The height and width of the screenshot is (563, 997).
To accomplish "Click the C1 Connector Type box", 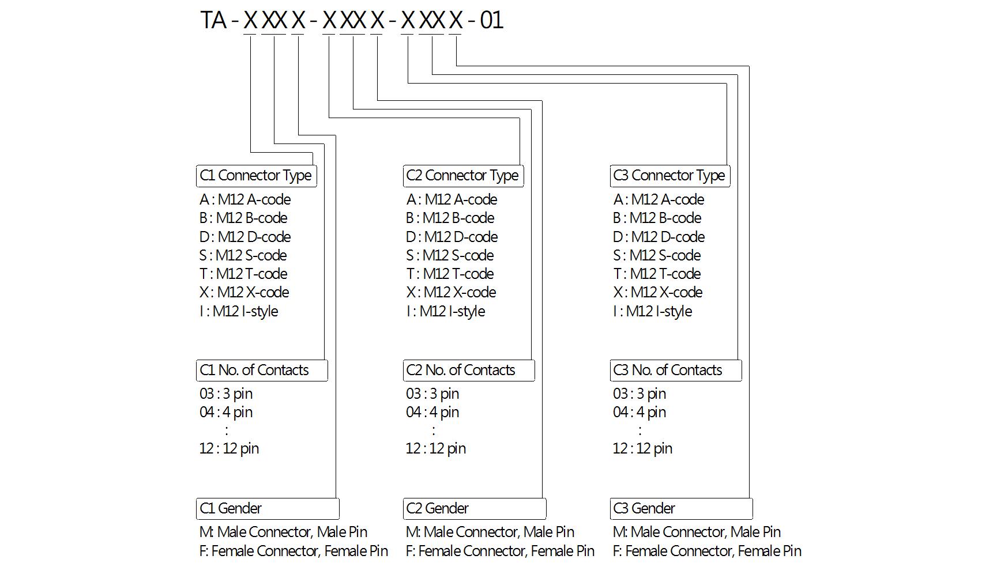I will pyautogui.click(x=256, y=176).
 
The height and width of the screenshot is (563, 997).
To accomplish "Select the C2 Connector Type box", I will pyautogui.click(x=463, y=176).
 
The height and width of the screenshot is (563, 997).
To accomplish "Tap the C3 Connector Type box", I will pyautogui.click(x=670, y=176).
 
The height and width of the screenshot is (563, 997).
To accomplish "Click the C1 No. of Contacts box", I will pyautogui.click(x=262, y=371).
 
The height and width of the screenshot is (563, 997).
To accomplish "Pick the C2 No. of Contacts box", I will pyautogui.click(x=469, y=371).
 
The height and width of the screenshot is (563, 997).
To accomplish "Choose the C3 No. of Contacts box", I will pyautogui.click(x=676, y=371).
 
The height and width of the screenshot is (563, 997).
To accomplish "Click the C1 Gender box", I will pyautogui.click(x=268, y=509).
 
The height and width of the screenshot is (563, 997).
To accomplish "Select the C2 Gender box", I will pyautogui.click(x=475, y=509).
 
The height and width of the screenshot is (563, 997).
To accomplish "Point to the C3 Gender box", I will pyautogui.click(x=682, y=509).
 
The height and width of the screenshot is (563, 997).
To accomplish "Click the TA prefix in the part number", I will pyautogui.click(x=213, y=20).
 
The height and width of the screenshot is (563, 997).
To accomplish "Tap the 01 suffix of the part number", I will pyautogui.click(x=491, y=20).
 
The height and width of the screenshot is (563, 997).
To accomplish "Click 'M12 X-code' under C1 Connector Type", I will pyautogui.click(x=244, y=293).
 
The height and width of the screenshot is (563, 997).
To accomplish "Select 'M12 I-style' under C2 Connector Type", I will pyautogui.click(x=446, y=312).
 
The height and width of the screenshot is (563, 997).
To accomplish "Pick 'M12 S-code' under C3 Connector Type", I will pyautogui.click(x=657, y=255).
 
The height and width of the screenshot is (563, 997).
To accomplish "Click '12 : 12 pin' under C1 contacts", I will pyautogui.click(x=229, y=449).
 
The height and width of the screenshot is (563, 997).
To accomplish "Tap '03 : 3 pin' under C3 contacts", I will pyautogui.click(x=639, y=394).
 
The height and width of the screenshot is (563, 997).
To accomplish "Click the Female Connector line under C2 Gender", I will pyautogui.click(x=500, y=551).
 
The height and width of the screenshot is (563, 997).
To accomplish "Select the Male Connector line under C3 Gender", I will pyautogui.click(x=697, y=532).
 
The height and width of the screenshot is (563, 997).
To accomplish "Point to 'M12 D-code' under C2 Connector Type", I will pyautogui.click(x=452, y=237).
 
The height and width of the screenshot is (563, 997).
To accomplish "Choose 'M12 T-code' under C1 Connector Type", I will pyautogui.click(x=243, y=274).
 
